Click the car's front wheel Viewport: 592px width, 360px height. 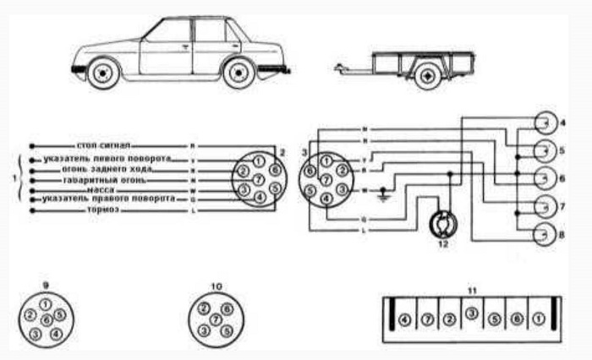pos(104,73)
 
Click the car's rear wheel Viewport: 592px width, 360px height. pos(239,73)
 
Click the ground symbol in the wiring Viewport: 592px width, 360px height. pos(386,194)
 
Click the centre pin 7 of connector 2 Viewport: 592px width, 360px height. pos(259,181)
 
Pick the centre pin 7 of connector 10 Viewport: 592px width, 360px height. pos(215,320)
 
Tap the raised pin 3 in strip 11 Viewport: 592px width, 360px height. pos(472,314)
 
